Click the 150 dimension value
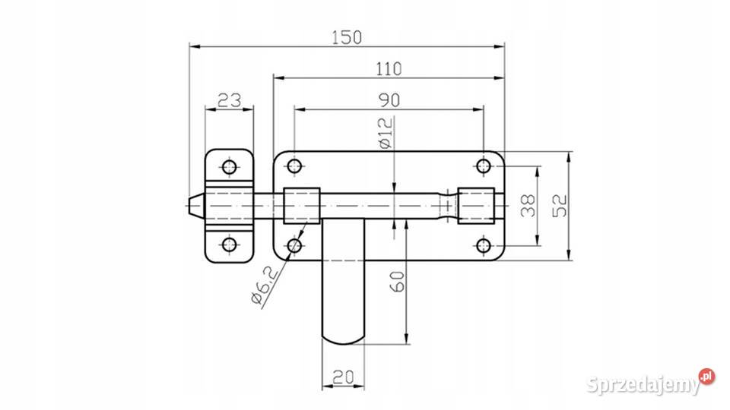347,37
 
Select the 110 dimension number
389,69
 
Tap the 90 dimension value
389,100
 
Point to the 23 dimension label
230,100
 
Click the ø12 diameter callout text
386,133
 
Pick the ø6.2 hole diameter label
264,285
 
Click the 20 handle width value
343,377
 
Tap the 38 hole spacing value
528,206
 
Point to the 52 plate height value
560,206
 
